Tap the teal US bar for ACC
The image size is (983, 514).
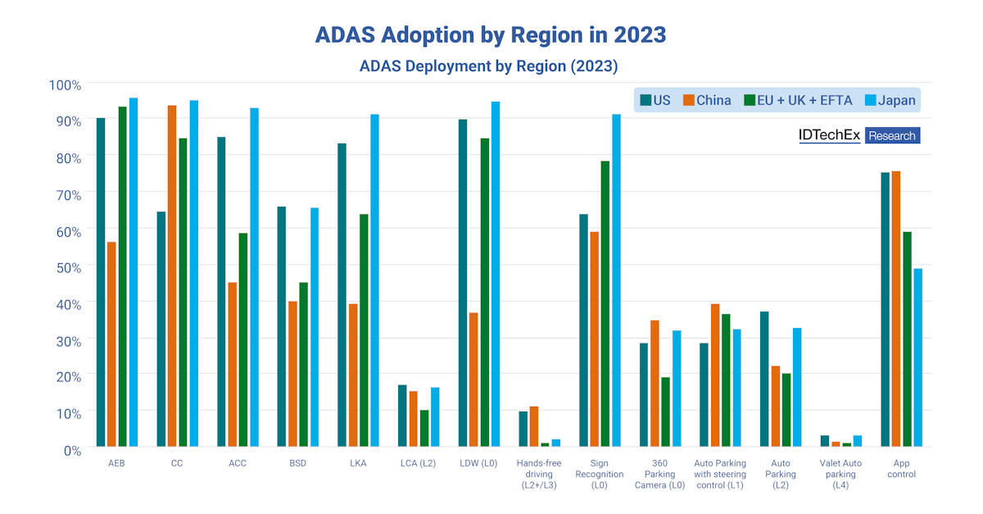(221, 291)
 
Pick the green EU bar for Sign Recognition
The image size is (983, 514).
(605, 303)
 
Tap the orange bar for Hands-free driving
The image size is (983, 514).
(534, 426)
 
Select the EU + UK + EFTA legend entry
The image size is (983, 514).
(799, 100)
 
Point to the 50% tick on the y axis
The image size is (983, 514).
(66, 267)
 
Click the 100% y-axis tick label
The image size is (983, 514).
(64, 85)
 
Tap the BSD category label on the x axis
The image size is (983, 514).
(298, 463)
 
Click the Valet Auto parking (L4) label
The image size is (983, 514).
(840, 474)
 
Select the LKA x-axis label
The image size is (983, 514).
(358, 463)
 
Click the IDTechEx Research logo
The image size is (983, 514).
(859, 135)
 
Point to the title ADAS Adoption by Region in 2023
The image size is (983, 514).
(491, 34)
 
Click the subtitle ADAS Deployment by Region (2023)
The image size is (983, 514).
(488, 66)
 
